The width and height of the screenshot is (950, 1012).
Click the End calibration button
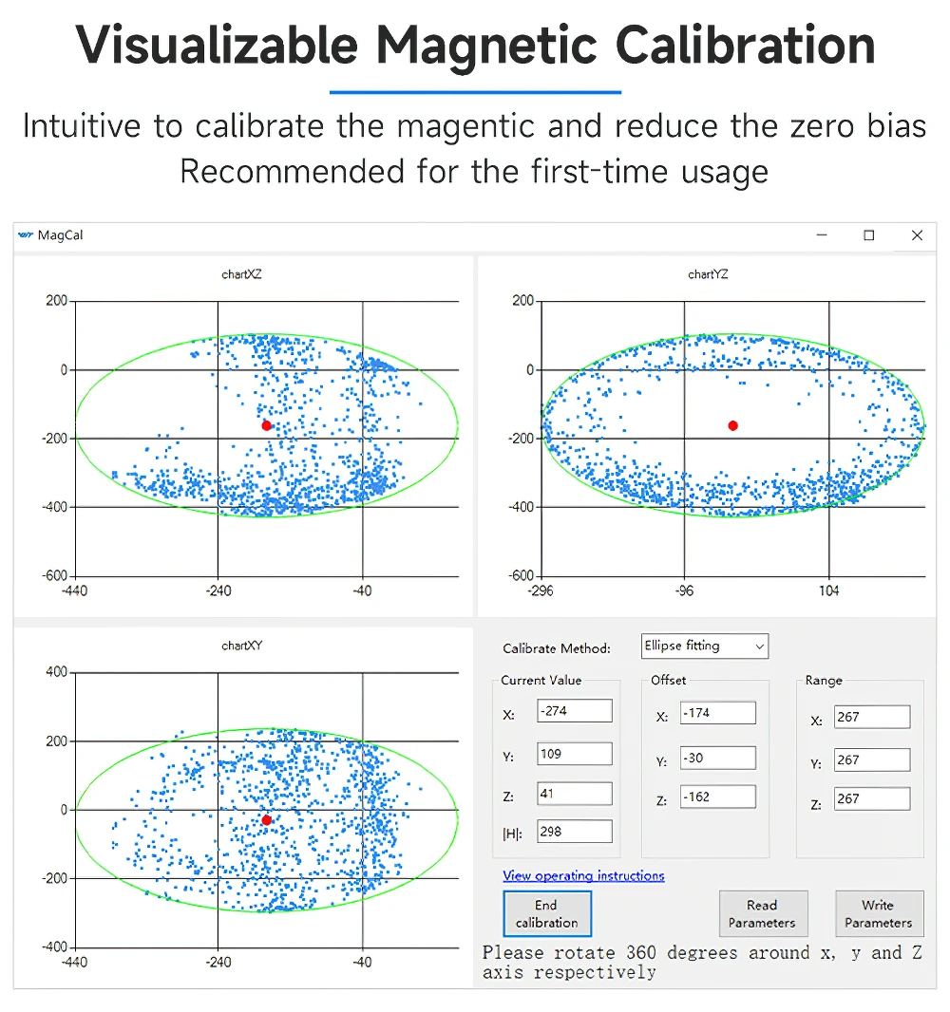pos(547,913)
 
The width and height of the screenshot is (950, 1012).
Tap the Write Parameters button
pos(879,913)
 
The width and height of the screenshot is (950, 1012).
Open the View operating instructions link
pos(584,876)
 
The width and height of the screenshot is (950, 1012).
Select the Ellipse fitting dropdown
pos(705,647)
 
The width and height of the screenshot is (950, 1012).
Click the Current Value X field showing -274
pos(574,711)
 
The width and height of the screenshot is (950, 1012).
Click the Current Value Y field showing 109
pos(574,754)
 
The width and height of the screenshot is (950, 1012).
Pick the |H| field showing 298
pos(574,832)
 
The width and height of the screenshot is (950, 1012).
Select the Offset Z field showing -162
pos(717,796)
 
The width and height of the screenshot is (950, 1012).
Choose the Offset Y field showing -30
pos(717,758)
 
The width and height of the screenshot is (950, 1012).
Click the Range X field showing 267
pos(872,717)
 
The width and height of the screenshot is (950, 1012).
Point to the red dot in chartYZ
pos(732,426)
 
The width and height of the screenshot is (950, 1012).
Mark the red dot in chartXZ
pos(266,426)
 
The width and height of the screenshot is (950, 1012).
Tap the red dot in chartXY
pos(266,820)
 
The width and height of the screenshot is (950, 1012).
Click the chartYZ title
pos(708,274)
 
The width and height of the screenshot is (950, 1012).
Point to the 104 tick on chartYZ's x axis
pos(828,590)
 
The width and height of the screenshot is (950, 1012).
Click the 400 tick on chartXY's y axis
pos(56,672)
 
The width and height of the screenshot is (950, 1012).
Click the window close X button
pos(917,235)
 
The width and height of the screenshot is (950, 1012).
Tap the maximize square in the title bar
pos(869,235)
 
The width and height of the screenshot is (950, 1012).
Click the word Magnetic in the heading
pos(486,46)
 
